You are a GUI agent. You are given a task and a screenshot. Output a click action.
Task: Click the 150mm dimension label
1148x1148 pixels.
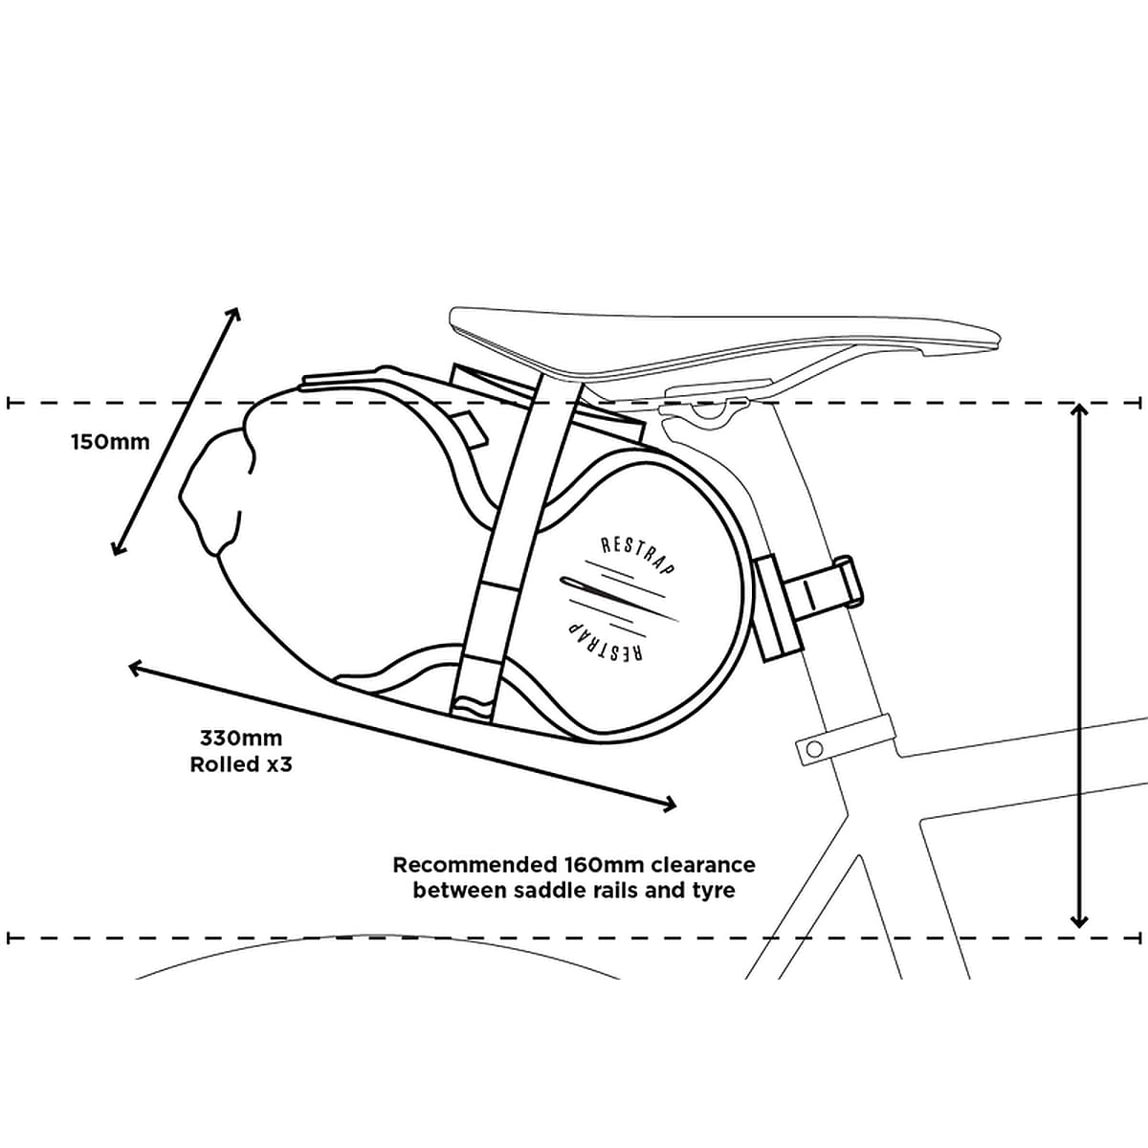110,442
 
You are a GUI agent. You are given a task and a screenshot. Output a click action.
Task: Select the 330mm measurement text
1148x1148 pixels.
241,739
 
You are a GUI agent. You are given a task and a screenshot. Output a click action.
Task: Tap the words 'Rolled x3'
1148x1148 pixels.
241,764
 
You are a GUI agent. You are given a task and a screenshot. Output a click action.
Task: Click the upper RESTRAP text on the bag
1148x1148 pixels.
637,557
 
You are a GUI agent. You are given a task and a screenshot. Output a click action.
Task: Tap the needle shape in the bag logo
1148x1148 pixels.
612,594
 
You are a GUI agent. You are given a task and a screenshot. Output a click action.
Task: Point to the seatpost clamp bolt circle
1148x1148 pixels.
812,748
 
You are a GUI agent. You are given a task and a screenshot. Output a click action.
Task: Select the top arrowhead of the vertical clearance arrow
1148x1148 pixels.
1079,410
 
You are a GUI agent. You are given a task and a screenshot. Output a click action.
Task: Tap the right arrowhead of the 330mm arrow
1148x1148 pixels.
669,805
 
